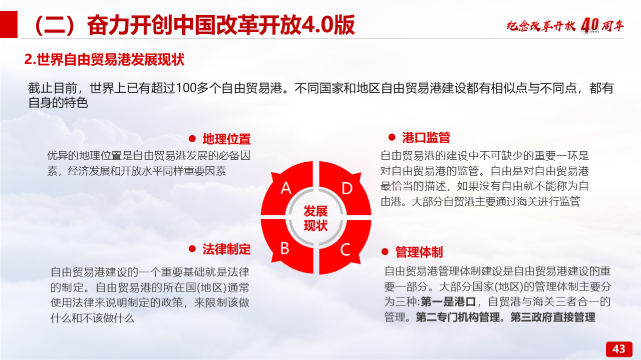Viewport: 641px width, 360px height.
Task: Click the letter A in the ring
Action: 286,188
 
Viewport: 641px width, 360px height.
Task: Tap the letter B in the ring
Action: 285,248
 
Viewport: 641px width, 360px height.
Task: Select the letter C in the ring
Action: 346,249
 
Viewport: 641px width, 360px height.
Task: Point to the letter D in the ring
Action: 347,189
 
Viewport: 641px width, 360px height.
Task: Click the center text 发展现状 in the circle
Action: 315,218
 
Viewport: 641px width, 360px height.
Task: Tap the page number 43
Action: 618,349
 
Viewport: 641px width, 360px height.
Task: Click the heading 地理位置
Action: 227,139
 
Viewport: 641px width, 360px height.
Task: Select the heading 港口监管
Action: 426,138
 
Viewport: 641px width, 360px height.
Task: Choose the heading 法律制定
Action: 227,249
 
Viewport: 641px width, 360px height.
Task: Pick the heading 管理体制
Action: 419,252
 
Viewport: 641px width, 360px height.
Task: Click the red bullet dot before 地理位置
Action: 192,139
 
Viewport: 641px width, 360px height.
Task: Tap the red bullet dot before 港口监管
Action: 392,137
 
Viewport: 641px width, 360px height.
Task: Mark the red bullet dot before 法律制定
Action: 192,249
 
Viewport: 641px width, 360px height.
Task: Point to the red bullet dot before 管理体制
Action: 385,252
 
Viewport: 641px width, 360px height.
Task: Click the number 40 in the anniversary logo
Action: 590,26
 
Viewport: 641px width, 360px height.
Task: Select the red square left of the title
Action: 9,25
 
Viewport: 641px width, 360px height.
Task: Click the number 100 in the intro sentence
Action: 186,88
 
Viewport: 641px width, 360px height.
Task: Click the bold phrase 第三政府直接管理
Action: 553,317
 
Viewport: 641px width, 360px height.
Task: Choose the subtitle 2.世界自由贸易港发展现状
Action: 105,60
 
